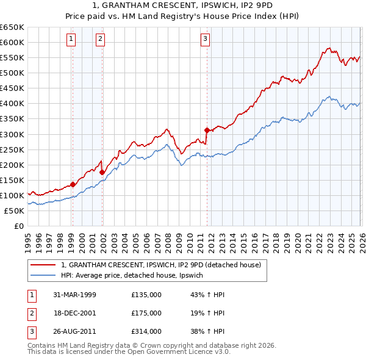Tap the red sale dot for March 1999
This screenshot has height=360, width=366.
[x=73, y=184]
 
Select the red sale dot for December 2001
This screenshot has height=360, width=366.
[x=102, y=172]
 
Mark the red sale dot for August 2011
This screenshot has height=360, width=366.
[x=207, y=129]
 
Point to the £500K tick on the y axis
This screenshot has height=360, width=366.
[x=12, y=73]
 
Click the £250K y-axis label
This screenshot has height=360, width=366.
[x=12, y=149]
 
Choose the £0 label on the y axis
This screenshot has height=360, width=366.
[x=17, y=226]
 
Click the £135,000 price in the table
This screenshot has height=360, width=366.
[x=146, y=295]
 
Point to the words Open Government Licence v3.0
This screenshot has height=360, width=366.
[x=182, y=351]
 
